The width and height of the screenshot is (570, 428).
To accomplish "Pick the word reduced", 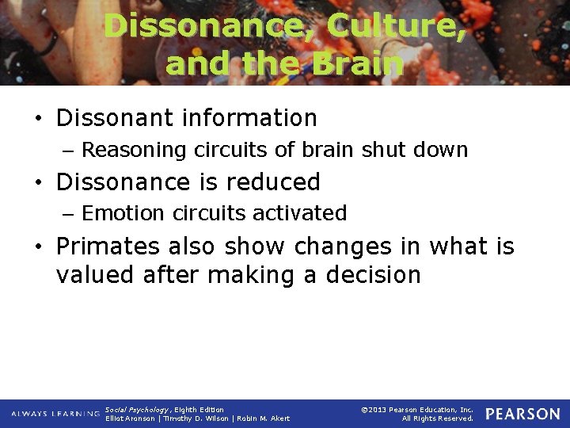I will tap(274, 182).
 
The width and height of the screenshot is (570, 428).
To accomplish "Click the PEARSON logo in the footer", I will tap(522, 414).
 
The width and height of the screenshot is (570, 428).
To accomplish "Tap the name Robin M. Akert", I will tap(263, 418).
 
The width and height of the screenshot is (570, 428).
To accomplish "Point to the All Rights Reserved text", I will tap(437, 418).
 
